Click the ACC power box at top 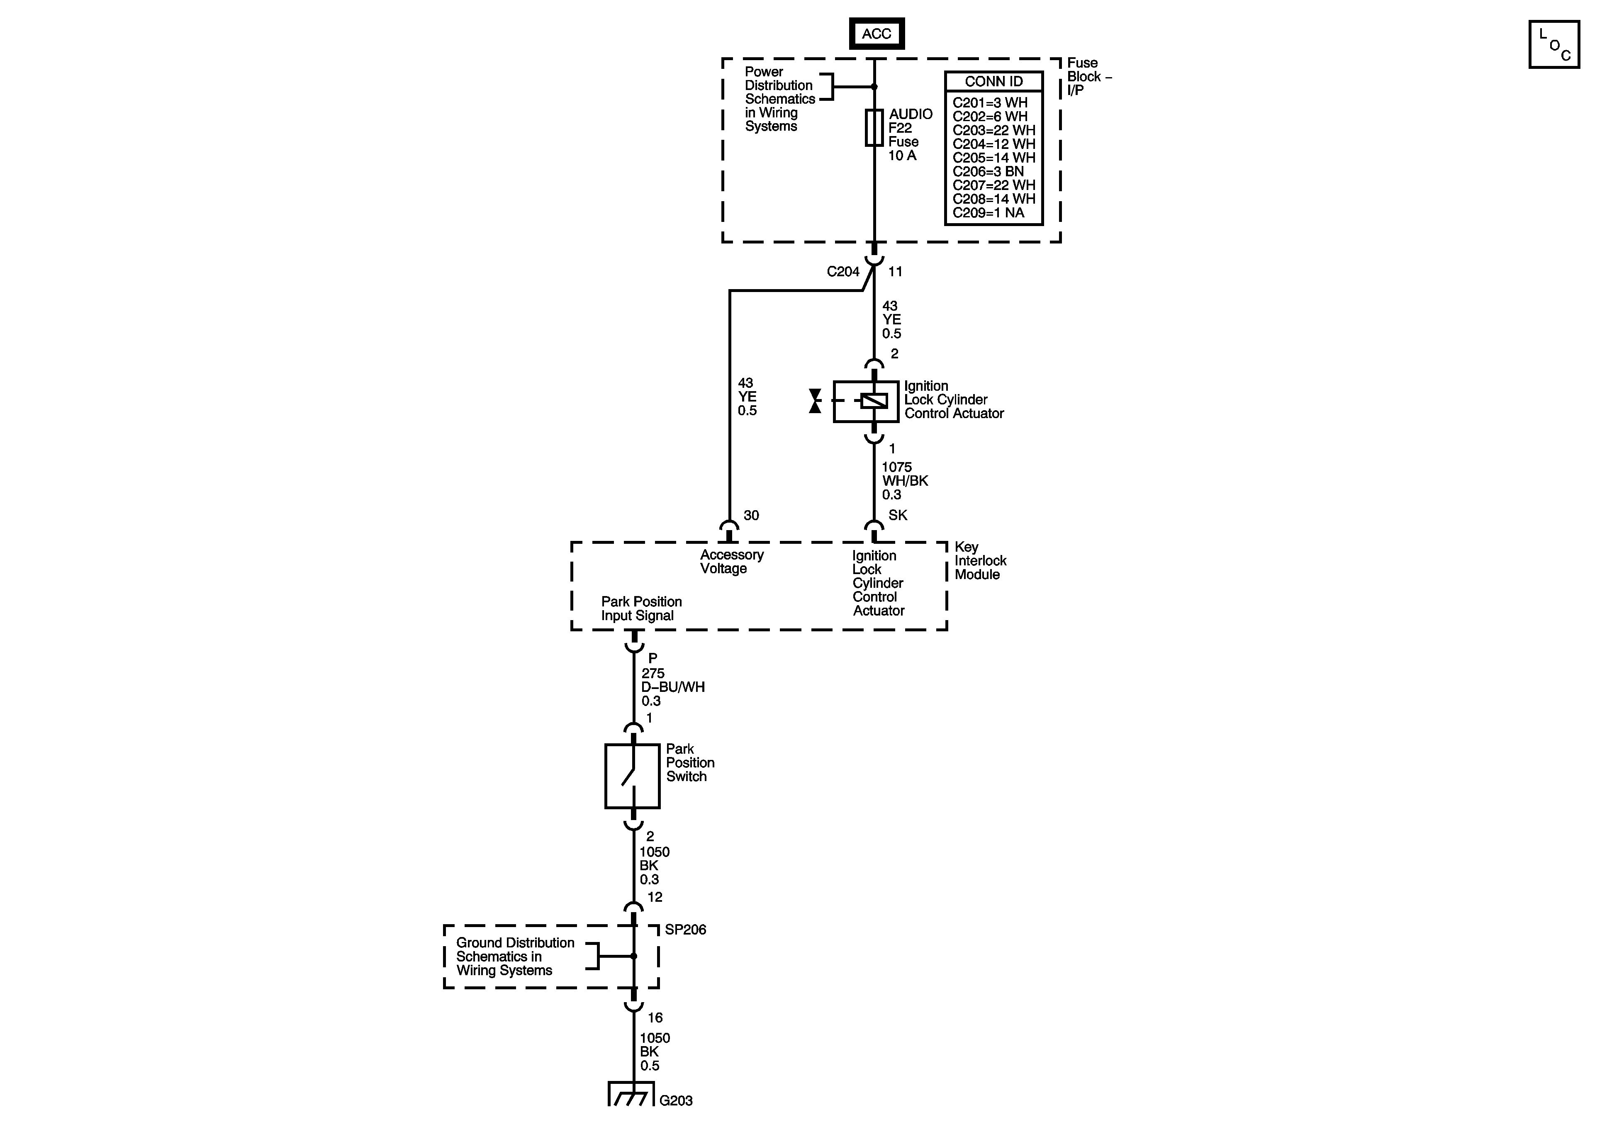click(876, 34)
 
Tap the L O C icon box click(1554, 44)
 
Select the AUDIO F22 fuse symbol click(874, 127)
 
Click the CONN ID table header click(993, 81)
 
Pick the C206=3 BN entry click(988, 171)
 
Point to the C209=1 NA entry click(988, 213)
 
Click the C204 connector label click(842, 272)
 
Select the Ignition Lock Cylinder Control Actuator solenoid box click(866, 401)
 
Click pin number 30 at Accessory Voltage click(751, 515)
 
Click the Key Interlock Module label click(980, 561)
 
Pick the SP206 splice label click(685, 930)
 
